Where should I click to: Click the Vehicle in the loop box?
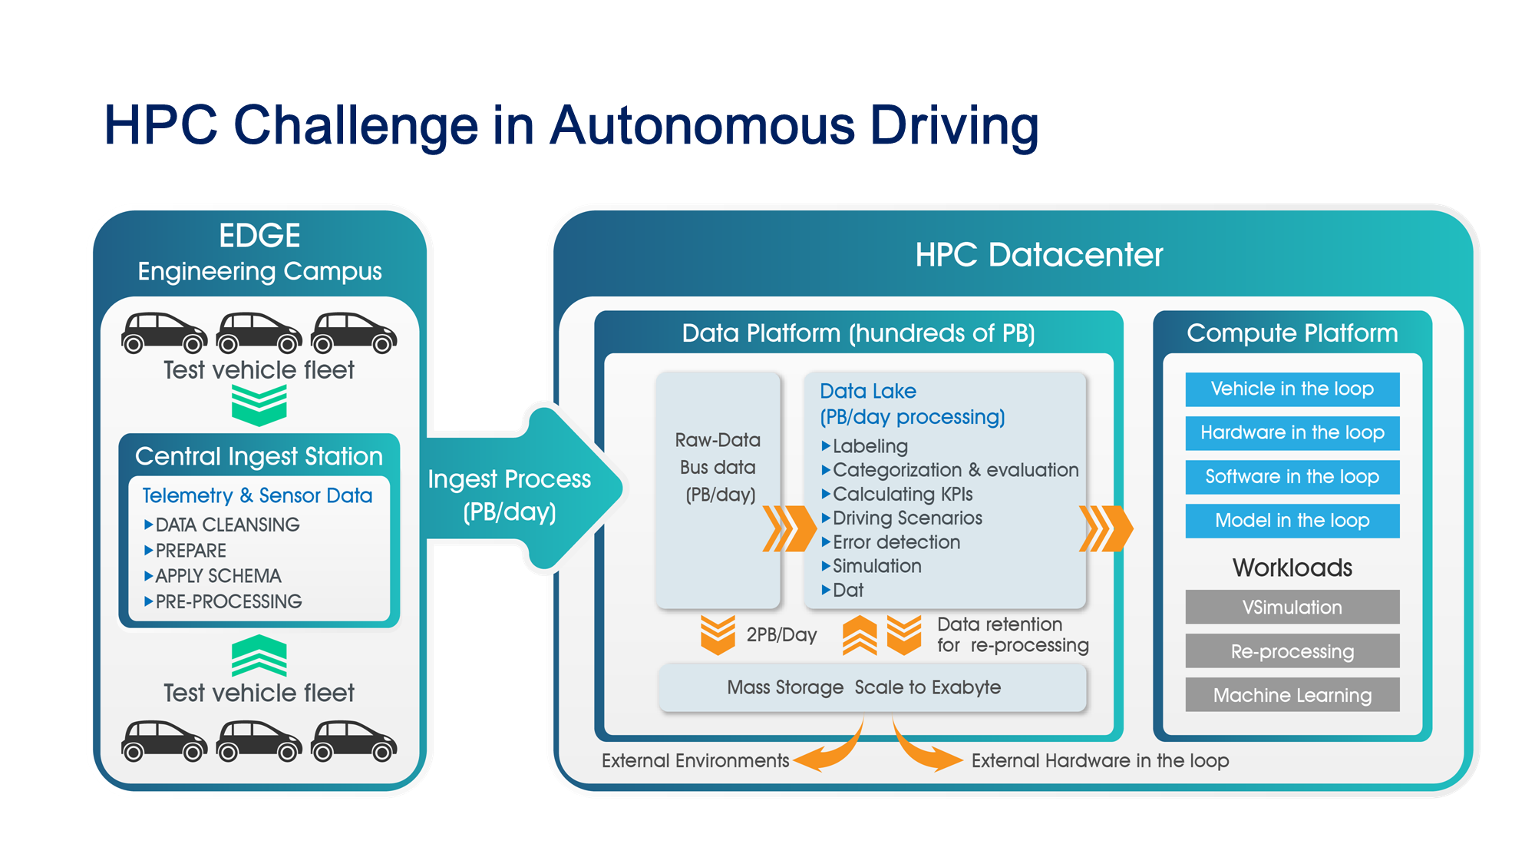1292,389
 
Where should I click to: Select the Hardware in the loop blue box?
1292,433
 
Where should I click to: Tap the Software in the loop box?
1292,477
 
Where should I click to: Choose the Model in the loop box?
1292,521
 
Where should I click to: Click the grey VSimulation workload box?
1292,607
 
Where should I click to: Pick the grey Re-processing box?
1292,651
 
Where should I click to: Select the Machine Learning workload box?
1292,695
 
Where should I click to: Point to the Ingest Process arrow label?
510,495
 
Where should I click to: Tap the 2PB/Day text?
781,635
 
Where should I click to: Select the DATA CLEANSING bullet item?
227,525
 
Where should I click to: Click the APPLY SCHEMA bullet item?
218,576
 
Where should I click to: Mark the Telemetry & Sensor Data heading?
257,496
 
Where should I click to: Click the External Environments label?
695,761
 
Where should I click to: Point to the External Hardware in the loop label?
1100,761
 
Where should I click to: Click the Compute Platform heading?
1292,333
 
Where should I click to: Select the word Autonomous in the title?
702,125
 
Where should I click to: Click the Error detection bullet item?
896,542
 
